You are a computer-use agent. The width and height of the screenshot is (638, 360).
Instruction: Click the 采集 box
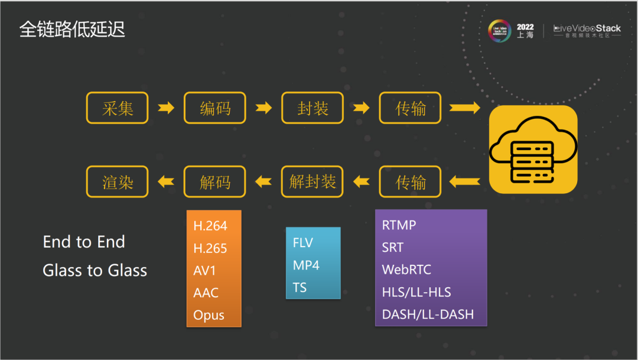tap(117, 108)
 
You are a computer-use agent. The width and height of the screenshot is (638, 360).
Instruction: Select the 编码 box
tap(215, 108)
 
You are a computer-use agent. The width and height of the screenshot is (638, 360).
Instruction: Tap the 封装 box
tap(313, 108)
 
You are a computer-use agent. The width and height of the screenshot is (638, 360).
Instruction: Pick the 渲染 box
tap(117, 181)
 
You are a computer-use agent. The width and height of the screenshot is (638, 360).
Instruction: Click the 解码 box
tap(215, 181)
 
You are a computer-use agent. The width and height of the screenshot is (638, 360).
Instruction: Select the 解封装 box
tap(313, 181)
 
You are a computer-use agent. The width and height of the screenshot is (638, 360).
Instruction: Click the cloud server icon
tap(533, 150)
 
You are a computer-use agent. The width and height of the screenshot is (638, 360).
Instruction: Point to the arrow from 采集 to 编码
tap(166, 108)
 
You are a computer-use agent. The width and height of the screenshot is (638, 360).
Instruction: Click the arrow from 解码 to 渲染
tap(166, 181)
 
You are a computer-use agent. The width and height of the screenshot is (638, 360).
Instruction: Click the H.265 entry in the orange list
tap(210, 248)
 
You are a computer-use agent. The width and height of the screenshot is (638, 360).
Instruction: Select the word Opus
tap(209, 315)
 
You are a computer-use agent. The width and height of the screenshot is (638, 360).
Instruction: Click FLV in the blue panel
tap(303, 243)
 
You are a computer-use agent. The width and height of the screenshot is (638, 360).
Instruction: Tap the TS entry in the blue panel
tap(300, 288)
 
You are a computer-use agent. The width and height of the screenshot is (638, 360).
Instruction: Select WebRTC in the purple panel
tap(406, 270)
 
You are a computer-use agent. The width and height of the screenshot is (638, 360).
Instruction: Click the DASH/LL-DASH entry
tap(428, 314)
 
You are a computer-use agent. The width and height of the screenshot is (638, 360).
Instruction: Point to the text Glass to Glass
tap(95, 271)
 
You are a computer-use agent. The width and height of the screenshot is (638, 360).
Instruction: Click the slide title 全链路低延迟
tap(72, 30)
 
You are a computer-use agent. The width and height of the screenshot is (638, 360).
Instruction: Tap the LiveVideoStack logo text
tap(587, 28)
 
